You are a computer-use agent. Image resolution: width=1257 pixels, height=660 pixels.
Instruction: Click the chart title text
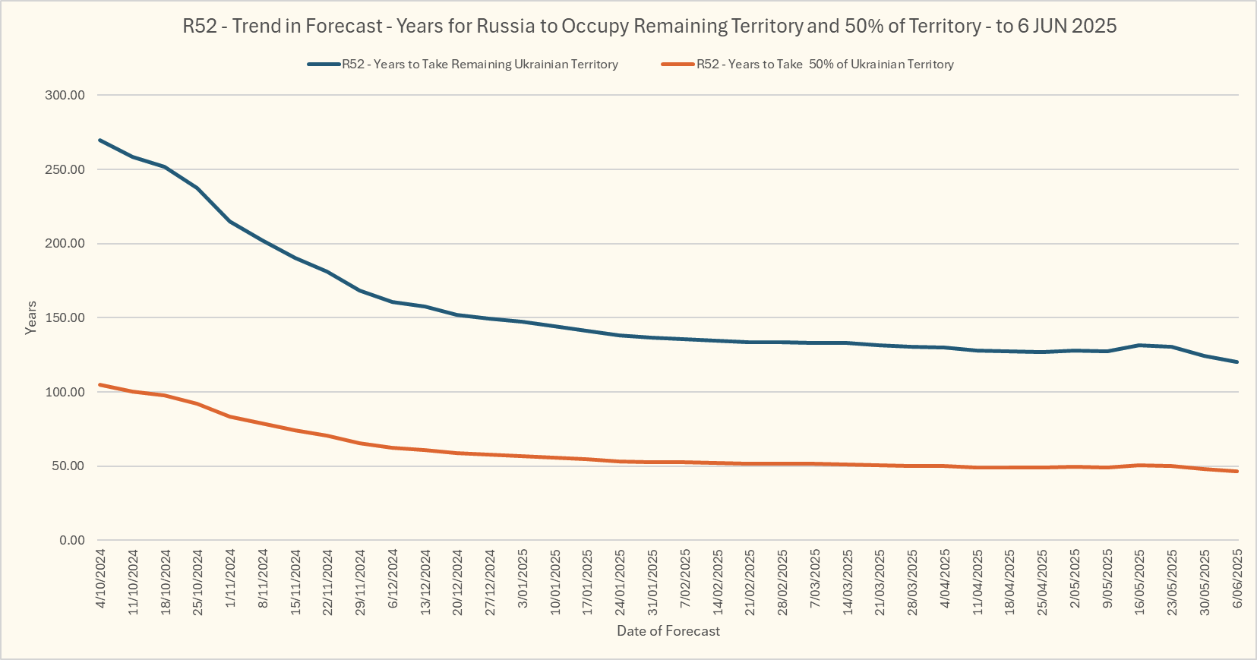[649, 27]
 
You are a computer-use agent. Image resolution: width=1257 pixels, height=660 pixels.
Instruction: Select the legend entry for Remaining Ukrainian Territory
[479, 65]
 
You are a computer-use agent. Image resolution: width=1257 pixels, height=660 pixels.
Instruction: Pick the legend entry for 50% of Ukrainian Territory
[825, 65]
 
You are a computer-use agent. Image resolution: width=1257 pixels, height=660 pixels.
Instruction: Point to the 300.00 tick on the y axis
[65, 96]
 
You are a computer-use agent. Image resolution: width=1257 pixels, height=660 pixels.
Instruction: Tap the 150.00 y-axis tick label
[65, 318]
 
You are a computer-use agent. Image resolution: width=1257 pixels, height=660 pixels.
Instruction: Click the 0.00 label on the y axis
[72, 541]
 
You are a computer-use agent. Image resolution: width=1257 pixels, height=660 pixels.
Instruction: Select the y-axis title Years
[31, 317]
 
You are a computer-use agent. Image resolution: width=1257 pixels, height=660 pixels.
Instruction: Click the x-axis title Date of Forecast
[668, 631]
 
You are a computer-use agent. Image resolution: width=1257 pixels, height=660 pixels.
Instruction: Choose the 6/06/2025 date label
[1237, 579]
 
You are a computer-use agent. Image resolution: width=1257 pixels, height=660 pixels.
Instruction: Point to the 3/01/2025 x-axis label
[523, 579]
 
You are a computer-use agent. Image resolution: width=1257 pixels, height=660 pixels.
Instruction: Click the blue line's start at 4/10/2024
[100, 141]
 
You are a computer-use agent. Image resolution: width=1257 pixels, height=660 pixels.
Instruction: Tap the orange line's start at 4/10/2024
[100, 385]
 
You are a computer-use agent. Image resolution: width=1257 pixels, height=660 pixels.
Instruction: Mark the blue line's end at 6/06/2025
[1236, 362]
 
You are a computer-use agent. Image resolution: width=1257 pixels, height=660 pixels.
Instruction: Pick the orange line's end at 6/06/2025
[1236, 471]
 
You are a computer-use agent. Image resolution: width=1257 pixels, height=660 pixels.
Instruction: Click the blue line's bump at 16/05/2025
[1139, 346]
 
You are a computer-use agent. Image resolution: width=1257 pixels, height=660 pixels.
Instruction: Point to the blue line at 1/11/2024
[230, 222]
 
